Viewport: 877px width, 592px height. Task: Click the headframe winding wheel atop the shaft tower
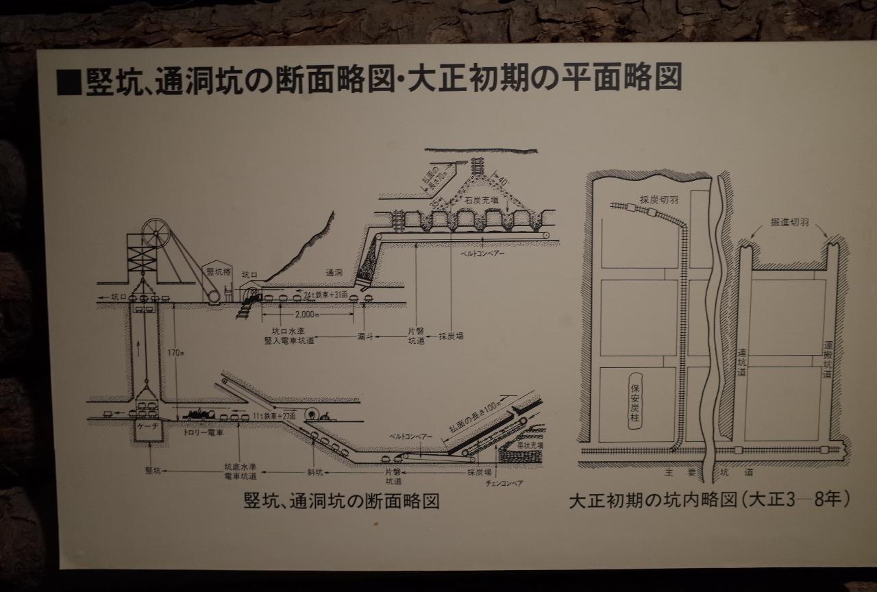pyautogui.click(x=156, y=234)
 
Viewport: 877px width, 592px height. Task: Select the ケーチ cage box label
pyautogui.click(x=148, y=426)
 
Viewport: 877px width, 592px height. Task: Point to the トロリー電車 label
pyautogui.click(x=203, y=433)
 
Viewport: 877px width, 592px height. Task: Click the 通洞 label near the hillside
pyautogui.click(x=334, y=271)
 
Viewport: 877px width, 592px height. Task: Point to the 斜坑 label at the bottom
pyautogui.click(x=316, y=471)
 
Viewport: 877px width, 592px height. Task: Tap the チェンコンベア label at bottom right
pyautogui.click(x=504, y=484)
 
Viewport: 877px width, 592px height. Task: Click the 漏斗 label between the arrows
pyautogui.click(x=364, y=337)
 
